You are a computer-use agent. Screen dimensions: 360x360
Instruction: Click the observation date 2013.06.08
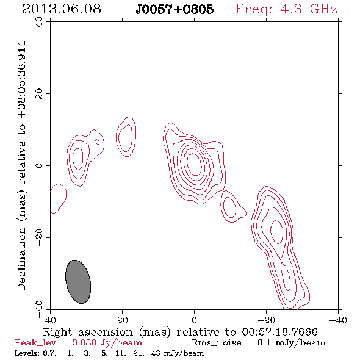[x=62, y=9]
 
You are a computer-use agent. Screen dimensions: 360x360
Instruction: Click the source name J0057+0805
[x=175, y=9]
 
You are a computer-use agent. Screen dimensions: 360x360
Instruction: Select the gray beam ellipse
[x=78, y=282]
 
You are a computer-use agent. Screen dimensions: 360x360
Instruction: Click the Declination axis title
[x=22, y=165]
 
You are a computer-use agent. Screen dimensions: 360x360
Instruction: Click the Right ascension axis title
[x=180, y=332]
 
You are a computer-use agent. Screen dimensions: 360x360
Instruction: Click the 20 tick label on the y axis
[x=39, y=94]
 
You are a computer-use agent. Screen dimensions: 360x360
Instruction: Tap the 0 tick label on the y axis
[x=39, y=165]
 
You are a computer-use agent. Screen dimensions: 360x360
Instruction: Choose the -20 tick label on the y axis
[x=39, y=237]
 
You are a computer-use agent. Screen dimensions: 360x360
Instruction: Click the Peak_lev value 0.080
[x=84, y=342]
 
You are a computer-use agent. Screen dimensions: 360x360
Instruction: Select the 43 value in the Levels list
[x=156, y=353]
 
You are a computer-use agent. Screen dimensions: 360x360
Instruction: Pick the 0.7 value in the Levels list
[x=49, y=353]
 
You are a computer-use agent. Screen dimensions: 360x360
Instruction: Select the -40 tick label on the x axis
[x=338, y=320]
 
